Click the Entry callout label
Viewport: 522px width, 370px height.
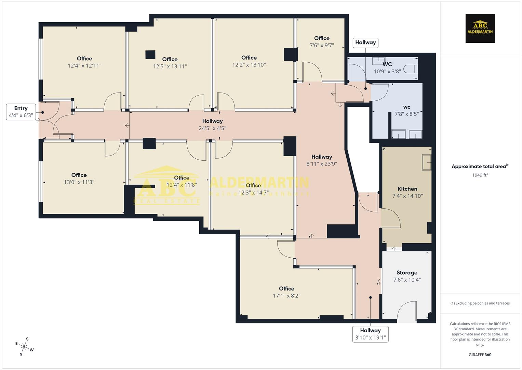pos(21,112)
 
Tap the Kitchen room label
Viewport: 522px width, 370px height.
pos(407,189)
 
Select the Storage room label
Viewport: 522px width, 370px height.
pos(407,273)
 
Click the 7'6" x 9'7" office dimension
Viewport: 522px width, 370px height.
pos(322,45)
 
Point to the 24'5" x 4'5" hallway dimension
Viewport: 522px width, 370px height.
pos(212,128)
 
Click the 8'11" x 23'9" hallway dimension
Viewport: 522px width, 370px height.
pos(322,164)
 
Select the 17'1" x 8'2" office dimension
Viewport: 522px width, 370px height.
pos(286,296)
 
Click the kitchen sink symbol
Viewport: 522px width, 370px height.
pos(427,162)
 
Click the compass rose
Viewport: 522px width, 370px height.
pos(24,346)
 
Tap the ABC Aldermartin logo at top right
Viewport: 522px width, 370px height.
pos(480,28)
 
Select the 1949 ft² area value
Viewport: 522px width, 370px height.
pos(480,175)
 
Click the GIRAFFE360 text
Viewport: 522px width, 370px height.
pos(480,355)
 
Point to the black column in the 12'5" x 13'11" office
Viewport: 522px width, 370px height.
pos(150,55)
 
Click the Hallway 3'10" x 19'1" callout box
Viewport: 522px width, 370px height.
pos(370,334)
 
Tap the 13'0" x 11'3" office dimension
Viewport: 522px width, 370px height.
pos(79,182)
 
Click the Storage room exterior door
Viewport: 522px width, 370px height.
pos(407,312)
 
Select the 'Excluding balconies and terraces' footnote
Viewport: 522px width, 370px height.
pos(480,303)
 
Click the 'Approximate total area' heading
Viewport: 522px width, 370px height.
pos(480,166)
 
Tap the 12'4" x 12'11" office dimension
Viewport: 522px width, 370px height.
pos(84,66)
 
